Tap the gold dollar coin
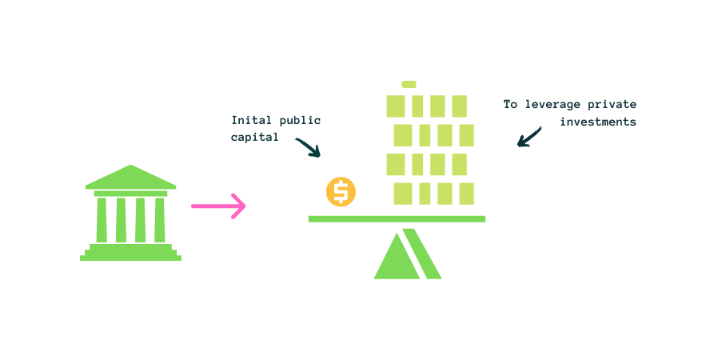(341, 192)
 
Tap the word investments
(597, 122)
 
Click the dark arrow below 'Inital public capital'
(308, 147)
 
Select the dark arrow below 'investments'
(529, 137)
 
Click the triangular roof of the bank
(130, 178)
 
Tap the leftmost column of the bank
(102, 219)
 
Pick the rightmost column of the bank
(160, 219)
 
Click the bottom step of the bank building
(130, 258)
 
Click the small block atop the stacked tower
(409, 84)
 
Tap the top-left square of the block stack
(396, 106)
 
